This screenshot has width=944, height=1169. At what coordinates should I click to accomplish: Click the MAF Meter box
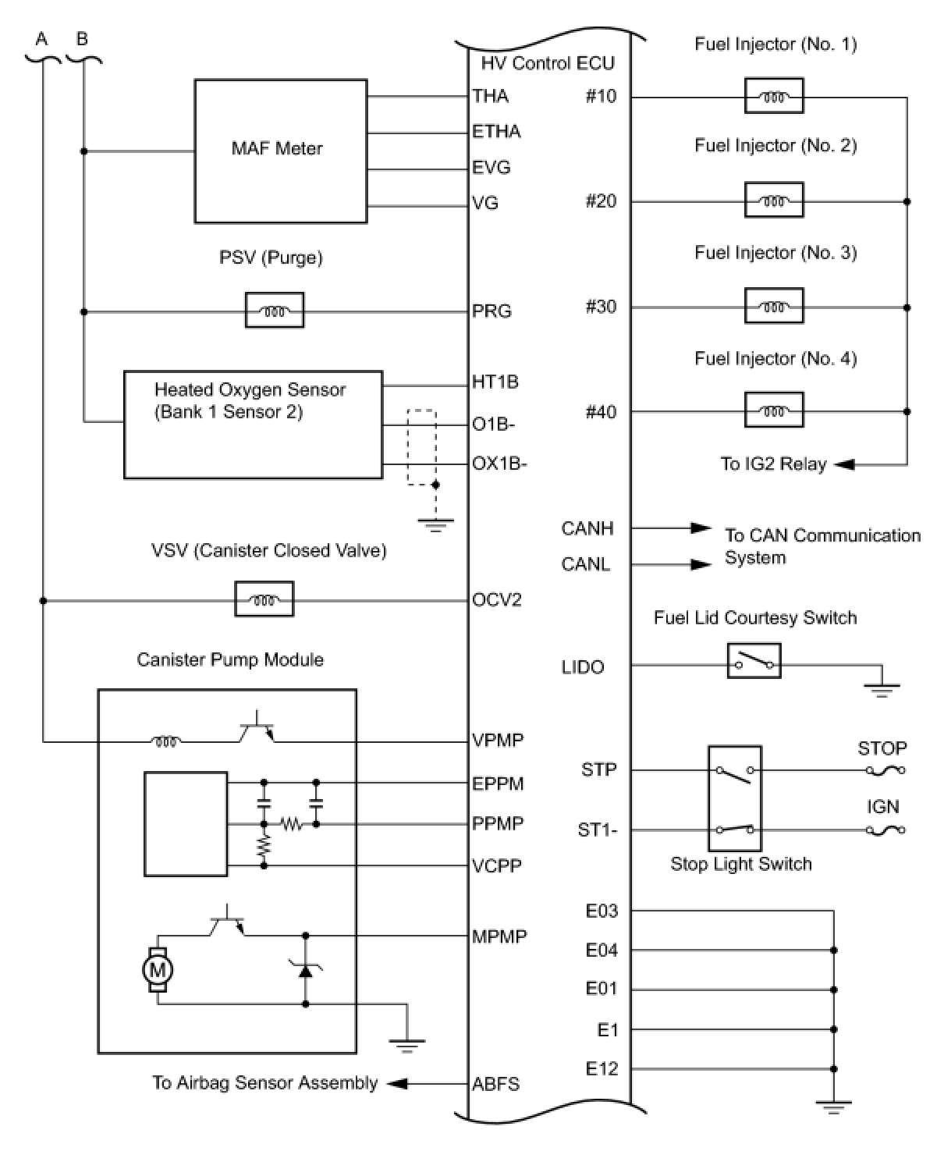tap(280, 151)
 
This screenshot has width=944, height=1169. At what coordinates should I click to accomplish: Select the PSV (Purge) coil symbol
tap(275, 311)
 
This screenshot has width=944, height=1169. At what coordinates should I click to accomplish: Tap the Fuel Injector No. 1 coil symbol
tap(774, 97)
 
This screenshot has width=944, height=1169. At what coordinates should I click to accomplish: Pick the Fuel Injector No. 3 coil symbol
tap(774, 306)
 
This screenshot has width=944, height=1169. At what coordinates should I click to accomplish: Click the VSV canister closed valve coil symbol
tap(264, 599)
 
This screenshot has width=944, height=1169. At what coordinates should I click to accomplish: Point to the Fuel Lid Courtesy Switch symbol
tap(754, 661)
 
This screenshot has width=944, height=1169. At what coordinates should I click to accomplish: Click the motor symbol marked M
tap(158, 970)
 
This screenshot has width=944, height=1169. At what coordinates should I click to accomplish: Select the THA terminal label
tap(491, 96)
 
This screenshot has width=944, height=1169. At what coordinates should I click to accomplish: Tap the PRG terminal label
tap(492, 311)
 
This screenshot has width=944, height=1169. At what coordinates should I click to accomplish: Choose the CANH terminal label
tap(587, 528)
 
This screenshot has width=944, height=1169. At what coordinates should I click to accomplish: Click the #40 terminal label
tap(601, 411)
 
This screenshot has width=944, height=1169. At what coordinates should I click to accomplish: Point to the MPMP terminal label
tap(499, 936)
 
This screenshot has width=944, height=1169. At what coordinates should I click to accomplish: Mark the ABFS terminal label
tap(496, 1084)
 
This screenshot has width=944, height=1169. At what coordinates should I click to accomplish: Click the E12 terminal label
tap(602, 1068)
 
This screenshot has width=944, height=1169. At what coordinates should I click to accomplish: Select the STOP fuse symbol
tap(885, 770)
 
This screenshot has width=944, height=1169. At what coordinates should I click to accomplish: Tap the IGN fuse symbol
tap(885, 830)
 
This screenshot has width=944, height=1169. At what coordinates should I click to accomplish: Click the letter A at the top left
tap(42, 38)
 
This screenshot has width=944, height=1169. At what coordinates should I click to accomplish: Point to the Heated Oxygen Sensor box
tap(253, 424)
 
